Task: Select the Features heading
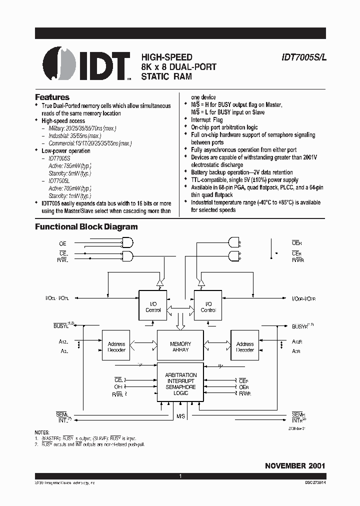tap(52, 97)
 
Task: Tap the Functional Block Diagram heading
tap(86, 226)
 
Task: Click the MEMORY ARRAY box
tap(180, 346)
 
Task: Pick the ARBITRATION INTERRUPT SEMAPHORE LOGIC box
tap(180, 384)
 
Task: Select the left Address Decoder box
tap(116, 346)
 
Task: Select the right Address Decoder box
tap(244, 346)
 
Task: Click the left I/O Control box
tap(153, 306)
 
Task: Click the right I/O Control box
tap(208, 306)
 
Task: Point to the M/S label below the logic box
tap(180, 415)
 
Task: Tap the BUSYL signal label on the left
tap(63, 326)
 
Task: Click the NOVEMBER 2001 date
tap(295, 465)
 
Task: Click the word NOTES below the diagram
tap(42, 432)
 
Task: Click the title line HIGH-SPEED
tap(166, 57)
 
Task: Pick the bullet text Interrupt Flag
tap(207, 120)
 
